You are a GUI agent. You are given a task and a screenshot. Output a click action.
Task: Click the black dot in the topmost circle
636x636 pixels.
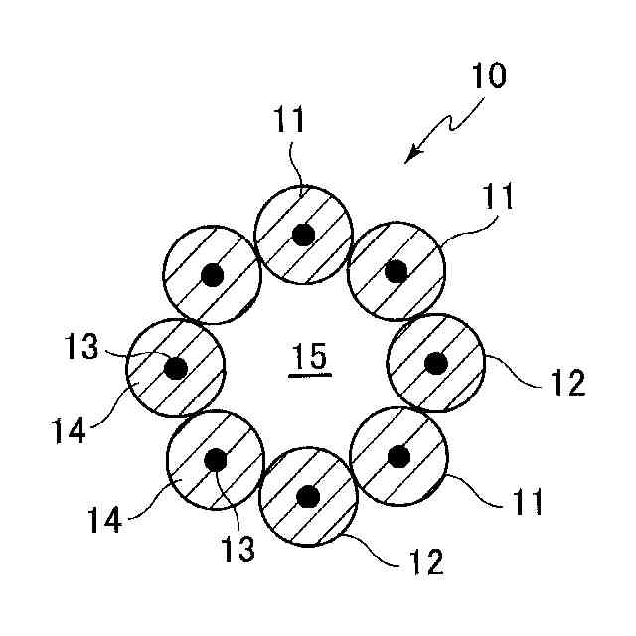[x=303, y=235]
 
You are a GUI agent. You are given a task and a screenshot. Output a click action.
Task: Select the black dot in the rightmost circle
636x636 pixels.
[x=434, y=363]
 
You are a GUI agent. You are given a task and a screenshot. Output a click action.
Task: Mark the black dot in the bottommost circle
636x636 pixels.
[x=308, y=495]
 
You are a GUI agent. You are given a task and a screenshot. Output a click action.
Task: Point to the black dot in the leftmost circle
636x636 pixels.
[x=176, y=368]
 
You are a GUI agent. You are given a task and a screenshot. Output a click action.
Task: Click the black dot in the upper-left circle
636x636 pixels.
[x=210, y=275]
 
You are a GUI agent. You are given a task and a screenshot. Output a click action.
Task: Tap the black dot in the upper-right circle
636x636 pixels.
[x=396, y=270]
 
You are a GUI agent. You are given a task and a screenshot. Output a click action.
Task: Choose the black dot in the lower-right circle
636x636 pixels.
[x=398, y=456]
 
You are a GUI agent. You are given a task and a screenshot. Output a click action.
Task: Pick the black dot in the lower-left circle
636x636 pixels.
[x=215, y=461]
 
